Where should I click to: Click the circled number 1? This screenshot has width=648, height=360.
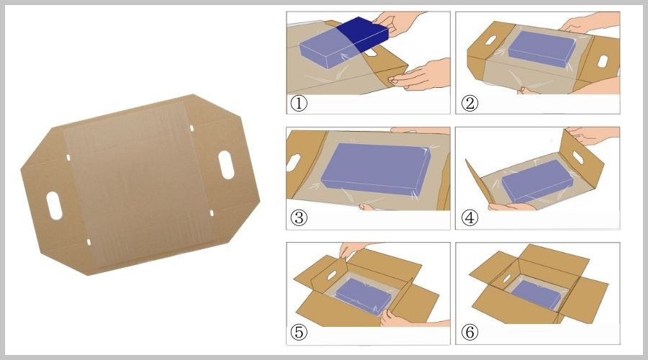[x=299, y=103]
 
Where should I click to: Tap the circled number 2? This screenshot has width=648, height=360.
[x=469, y=103]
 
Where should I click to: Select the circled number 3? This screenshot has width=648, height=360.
[x=299, y=217]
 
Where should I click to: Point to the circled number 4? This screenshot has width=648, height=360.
[x=469, y=217]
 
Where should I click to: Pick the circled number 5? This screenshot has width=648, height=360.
[x=299, y=332]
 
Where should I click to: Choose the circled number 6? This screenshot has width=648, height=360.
[x=469, y=332]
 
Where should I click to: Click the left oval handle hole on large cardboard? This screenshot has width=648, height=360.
[x=54, y=206]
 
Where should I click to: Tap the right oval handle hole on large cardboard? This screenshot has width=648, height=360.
[x=226, y=165]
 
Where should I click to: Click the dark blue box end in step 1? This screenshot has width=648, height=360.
[x=363, y=34]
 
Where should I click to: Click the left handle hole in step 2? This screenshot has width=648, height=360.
[x=490, y=40]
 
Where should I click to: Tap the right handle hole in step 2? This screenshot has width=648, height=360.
[x=603, y=61]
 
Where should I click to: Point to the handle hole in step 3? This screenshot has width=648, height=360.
[x=294, y=162]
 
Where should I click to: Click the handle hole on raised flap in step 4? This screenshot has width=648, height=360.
[x=577, y=158]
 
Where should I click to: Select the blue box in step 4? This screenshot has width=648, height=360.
[x=537, y=181]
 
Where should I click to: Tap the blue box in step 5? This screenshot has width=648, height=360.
[x=364, y=295]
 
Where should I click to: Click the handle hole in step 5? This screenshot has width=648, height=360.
[x=332, y=275]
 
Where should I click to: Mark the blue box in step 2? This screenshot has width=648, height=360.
[x=541, y=49]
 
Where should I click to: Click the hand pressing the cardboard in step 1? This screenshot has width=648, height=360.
[x=420, y=75]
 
